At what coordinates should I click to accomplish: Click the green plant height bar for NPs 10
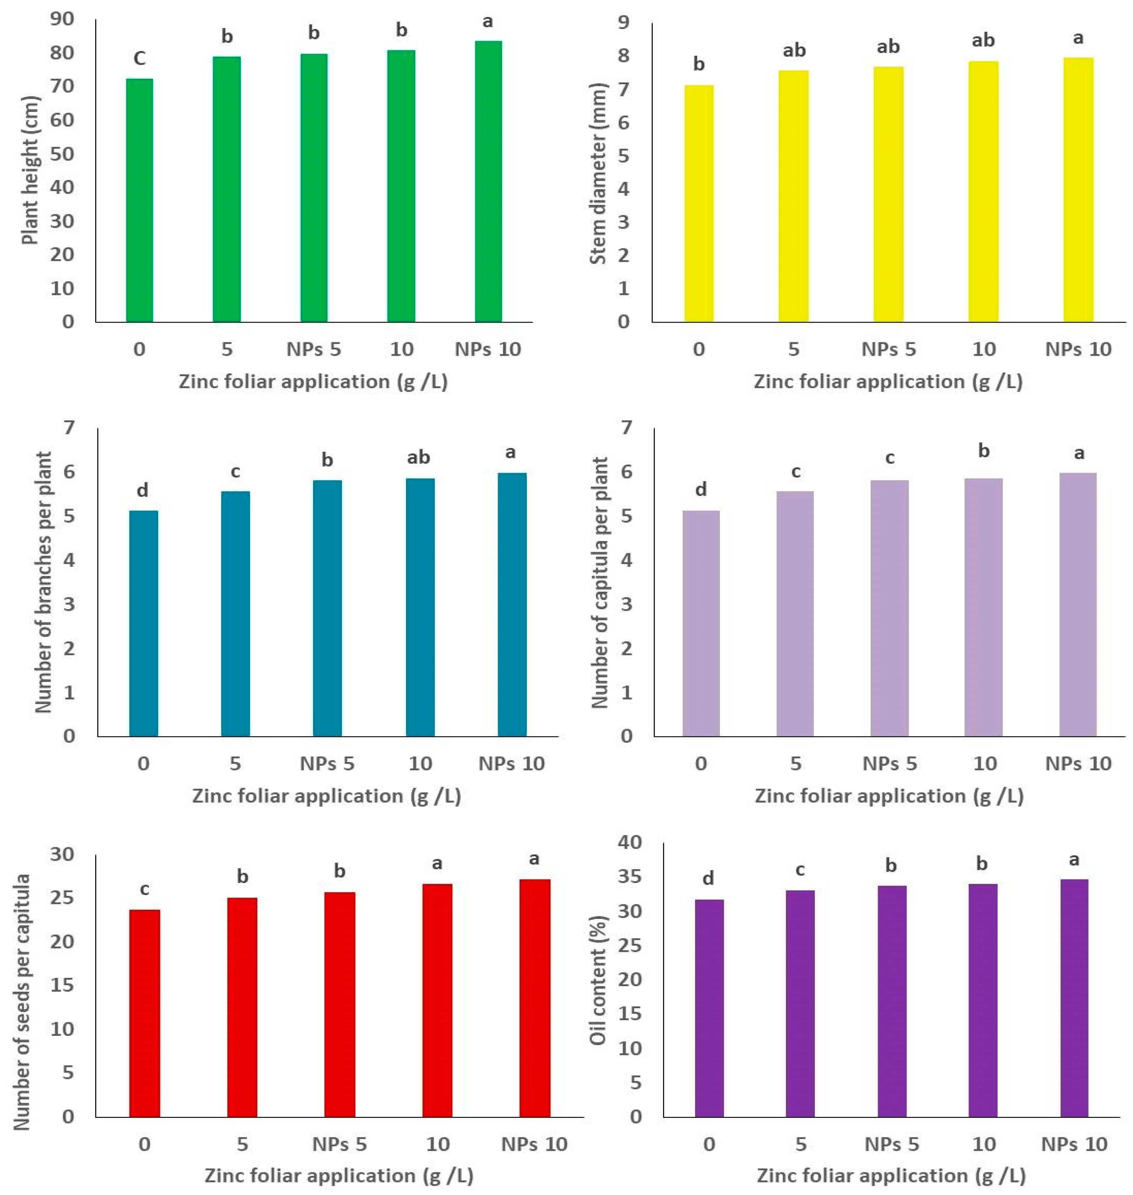point(488,181)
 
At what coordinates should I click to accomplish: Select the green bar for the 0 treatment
point(139,199)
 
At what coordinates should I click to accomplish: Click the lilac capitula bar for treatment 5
point(795,613)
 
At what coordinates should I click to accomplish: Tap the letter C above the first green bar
point(139,59)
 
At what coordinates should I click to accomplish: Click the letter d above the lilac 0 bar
point(700,489)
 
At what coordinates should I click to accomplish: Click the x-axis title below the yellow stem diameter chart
point(888,382)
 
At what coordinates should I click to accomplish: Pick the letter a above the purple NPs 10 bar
point(1074,860)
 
